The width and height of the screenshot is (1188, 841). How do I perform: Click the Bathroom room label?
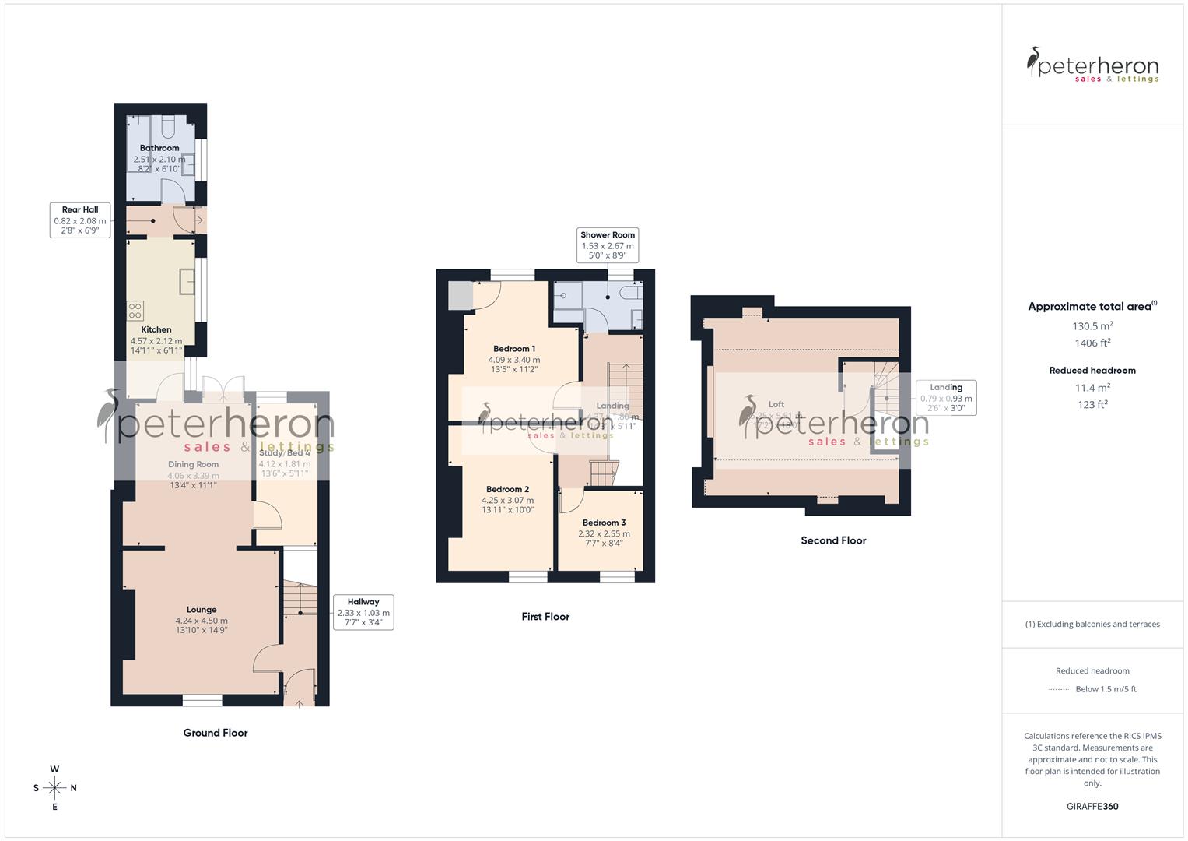pos(159,148)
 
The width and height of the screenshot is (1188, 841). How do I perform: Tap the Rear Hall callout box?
pos(80,220)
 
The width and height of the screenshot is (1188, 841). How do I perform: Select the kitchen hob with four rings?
pos(135,311)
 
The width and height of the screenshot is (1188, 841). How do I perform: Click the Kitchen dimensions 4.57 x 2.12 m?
pos(156,341)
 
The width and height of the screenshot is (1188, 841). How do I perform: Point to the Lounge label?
pos(202,610)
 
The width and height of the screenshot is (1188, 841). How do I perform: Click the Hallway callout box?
pos(363,612)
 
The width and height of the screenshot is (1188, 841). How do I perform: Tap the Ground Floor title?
pos(216,733)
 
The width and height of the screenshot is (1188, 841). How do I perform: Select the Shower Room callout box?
pos(608,245)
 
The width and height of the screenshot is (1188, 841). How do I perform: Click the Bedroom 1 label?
pos(514,349)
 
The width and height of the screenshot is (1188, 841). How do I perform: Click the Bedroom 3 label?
pos(604,523)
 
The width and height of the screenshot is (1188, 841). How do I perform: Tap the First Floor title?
pos(545,617)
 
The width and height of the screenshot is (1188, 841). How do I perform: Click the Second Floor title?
pos(833,540)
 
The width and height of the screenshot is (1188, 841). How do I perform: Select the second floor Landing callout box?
pos(946,397)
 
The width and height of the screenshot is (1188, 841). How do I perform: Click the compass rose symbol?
pos(54,788)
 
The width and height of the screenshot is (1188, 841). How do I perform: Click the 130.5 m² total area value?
pos(1092,326)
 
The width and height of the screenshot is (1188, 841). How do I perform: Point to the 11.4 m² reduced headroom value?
pos(1092,388)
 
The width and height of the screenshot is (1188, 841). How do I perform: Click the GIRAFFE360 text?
pos(1092,807)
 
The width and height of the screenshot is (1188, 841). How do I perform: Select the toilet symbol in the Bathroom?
pos(169,126)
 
